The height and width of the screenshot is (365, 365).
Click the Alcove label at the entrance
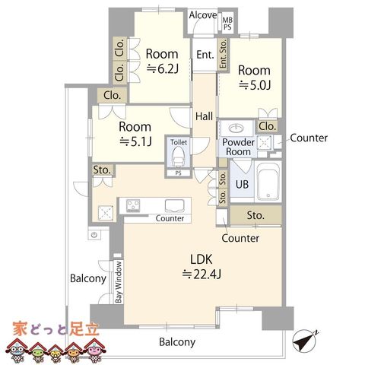[203, 15]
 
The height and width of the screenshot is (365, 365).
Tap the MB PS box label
[227, 24]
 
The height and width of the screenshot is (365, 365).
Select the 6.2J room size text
[163, 68]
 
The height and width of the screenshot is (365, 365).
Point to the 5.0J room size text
[255, 85]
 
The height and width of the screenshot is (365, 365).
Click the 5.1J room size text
[135, 141]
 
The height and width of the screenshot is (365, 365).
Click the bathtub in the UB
[268, 181]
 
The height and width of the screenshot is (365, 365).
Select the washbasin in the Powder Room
[236, 128]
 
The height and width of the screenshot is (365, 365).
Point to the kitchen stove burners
[133, 205]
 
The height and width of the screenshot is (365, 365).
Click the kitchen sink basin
[175, 205]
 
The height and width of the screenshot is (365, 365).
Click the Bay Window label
[119, 282]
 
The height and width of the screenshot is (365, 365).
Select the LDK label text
[202, 259]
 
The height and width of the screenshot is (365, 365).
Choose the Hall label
[204, 116]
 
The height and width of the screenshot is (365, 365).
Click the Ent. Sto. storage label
[223, 54]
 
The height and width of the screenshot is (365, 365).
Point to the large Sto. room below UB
[255, 215]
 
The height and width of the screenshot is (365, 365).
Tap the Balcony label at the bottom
[177, 342]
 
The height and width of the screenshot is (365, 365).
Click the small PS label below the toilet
[179, 173]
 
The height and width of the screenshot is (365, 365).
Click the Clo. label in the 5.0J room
[267, 126]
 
